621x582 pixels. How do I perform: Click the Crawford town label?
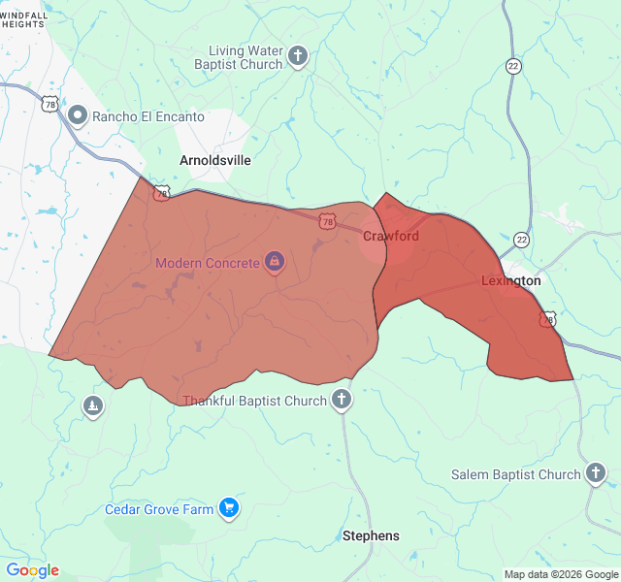click(x=391, y=236)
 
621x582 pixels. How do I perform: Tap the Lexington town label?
click(x=510, y=281)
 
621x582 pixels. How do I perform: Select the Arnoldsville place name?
click(x=215, y=160)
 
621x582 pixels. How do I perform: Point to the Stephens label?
click(x=371, y=535)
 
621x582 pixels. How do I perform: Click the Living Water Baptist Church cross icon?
click(x=298, y=55)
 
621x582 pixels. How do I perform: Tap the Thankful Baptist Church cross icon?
click(x=341, y=400)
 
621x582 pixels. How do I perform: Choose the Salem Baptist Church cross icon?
click(x=595, y=474)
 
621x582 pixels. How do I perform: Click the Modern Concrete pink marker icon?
click(x=275, y=262)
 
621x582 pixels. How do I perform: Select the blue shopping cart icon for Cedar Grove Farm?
click(x=229, y=508)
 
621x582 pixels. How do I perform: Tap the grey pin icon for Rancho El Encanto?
click(x=79, y=116)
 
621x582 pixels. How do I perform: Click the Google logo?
click(x=32, y=570)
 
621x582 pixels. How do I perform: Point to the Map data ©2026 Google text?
click(x=561, y=574)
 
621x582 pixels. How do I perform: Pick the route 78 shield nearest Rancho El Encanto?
click(x=49, y=103)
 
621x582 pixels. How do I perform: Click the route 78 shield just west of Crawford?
click(x=328, y=222)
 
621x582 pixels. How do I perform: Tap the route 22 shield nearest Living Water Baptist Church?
click(x=513, y=65)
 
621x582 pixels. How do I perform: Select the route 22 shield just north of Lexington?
click(x=522, y=240)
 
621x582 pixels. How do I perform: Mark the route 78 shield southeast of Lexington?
click(x=548, y=319)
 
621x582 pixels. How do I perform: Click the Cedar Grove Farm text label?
click(x=159, y=509)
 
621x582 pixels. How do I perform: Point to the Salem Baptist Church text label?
click(x=515, y=475)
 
